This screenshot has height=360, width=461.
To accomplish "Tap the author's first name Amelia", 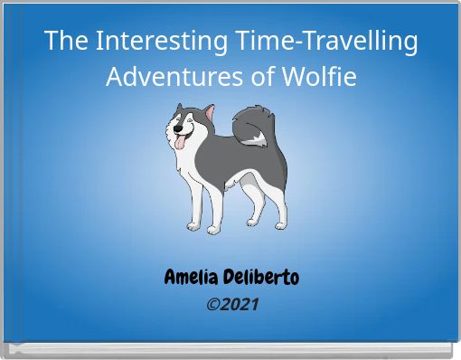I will (x=193, y=277).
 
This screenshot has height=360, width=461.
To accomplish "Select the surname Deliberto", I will (x=262, y=277).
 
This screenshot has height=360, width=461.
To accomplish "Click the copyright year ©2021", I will (x=232, y=304).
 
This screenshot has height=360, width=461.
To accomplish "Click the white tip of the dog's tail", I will (x=259, y=138).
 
